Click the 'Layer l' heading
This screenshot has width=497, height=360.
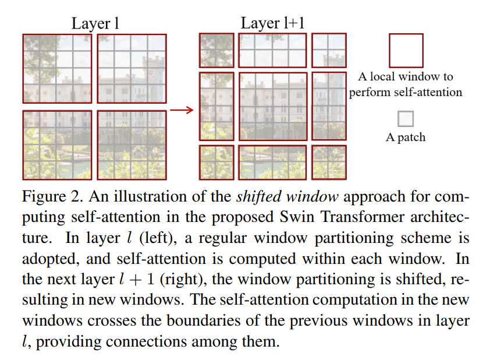pos(95,24)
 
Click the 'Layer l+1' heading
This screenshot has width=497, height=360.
pos(272,24)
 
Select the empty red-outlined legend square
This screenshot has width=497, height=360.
pos(406,51)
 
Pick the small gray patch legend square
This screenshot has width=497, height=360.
pos(406,119)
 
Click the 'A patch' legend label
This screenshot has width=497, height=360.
pos(406,137)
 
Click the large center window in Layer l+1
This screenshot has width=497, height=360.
pos(273,106)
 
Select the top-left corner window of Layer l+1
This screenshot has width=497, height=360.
pos(216,50)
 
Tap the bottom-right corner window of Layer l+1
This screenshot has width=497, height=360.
pos(329,162)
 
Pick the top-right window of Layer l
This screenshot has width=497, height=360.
pos(132,68)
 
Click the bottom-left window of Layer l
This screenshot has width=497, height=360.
pos(57,144)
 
